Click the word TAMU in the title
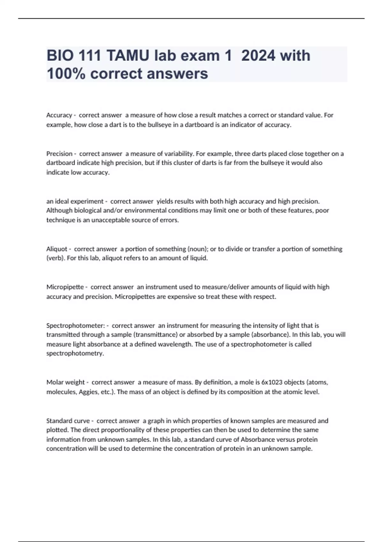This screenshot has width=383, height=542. tap(127, 56)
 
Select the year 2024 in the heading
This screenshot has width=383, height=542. tap(258, 56)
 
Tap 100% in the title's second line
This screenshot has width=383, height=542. tap(66, 74)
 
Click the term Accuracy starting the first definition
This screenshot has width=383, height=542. tap(59, 115)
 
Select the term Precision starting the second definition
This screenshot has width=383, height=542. tap(59, 154)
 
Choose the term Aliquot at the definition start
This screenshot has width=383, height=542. tap(57, 249)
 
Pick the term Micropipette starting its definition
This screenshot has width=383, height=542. tap(65, 287)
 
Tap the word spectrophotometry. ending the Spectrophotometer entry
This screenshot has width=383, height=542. tap(75, 354)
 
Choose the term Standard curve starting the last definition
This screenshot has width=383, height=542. tap(68, 421)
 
